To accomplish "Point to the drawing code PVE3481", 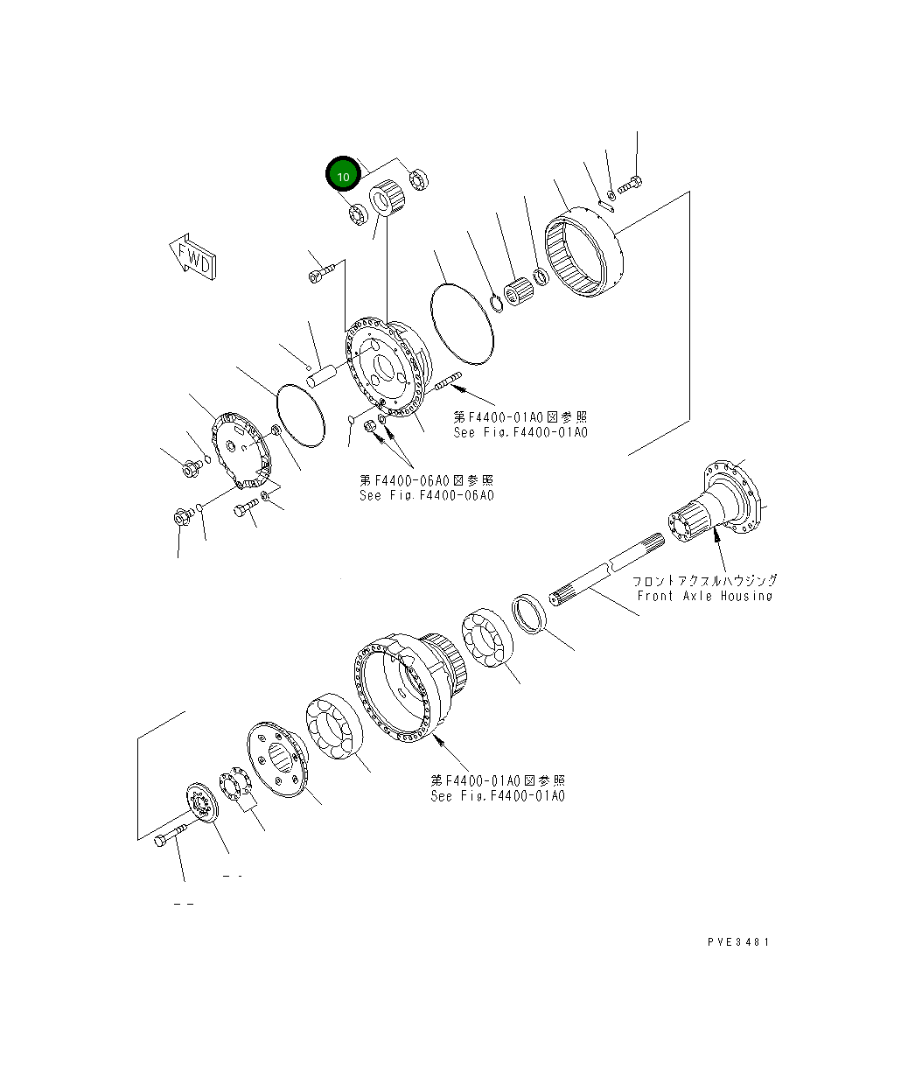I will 738,942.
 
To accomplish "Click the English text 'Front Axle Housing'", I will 704,596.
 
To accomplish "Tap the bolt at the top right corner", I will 631,185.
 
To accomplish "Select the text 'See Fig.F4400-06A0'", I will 427,495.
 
